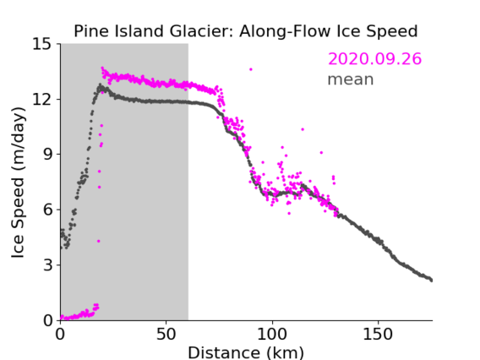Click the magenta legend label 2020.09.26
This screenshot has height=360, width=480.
374,58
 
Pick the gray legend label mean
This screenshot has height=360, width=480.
351,79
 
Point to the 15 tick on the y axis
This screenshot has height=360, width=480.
41,44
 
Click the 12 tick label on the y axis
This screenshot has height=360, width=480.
41,100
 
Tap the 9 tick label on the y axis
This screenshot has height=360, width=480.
47,155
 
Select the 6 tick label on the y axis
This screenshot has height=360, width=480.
47,210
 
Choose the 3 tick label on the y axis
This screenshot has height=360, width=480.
47,265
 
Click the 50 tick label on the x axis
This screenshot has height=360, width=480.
166,335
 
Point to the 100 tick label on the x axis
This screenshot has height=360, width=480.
272,335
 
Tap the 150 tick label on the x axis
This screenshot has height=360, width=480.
378,335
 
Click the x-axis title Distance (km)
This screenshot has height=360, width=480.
246,353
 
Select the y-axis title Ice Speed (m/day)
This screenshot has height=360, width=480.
18,183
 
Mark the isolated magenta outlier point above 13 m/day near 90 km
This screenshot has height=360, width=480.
251,69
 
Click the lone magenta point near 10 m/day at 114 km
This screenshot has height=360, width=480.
303,129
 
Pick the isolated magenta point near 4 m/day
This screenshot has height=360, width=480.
99,241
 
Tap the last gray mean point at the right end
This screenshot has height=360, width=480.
431,281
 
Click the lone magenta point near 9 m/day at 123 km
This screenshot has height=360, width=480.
321,152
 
